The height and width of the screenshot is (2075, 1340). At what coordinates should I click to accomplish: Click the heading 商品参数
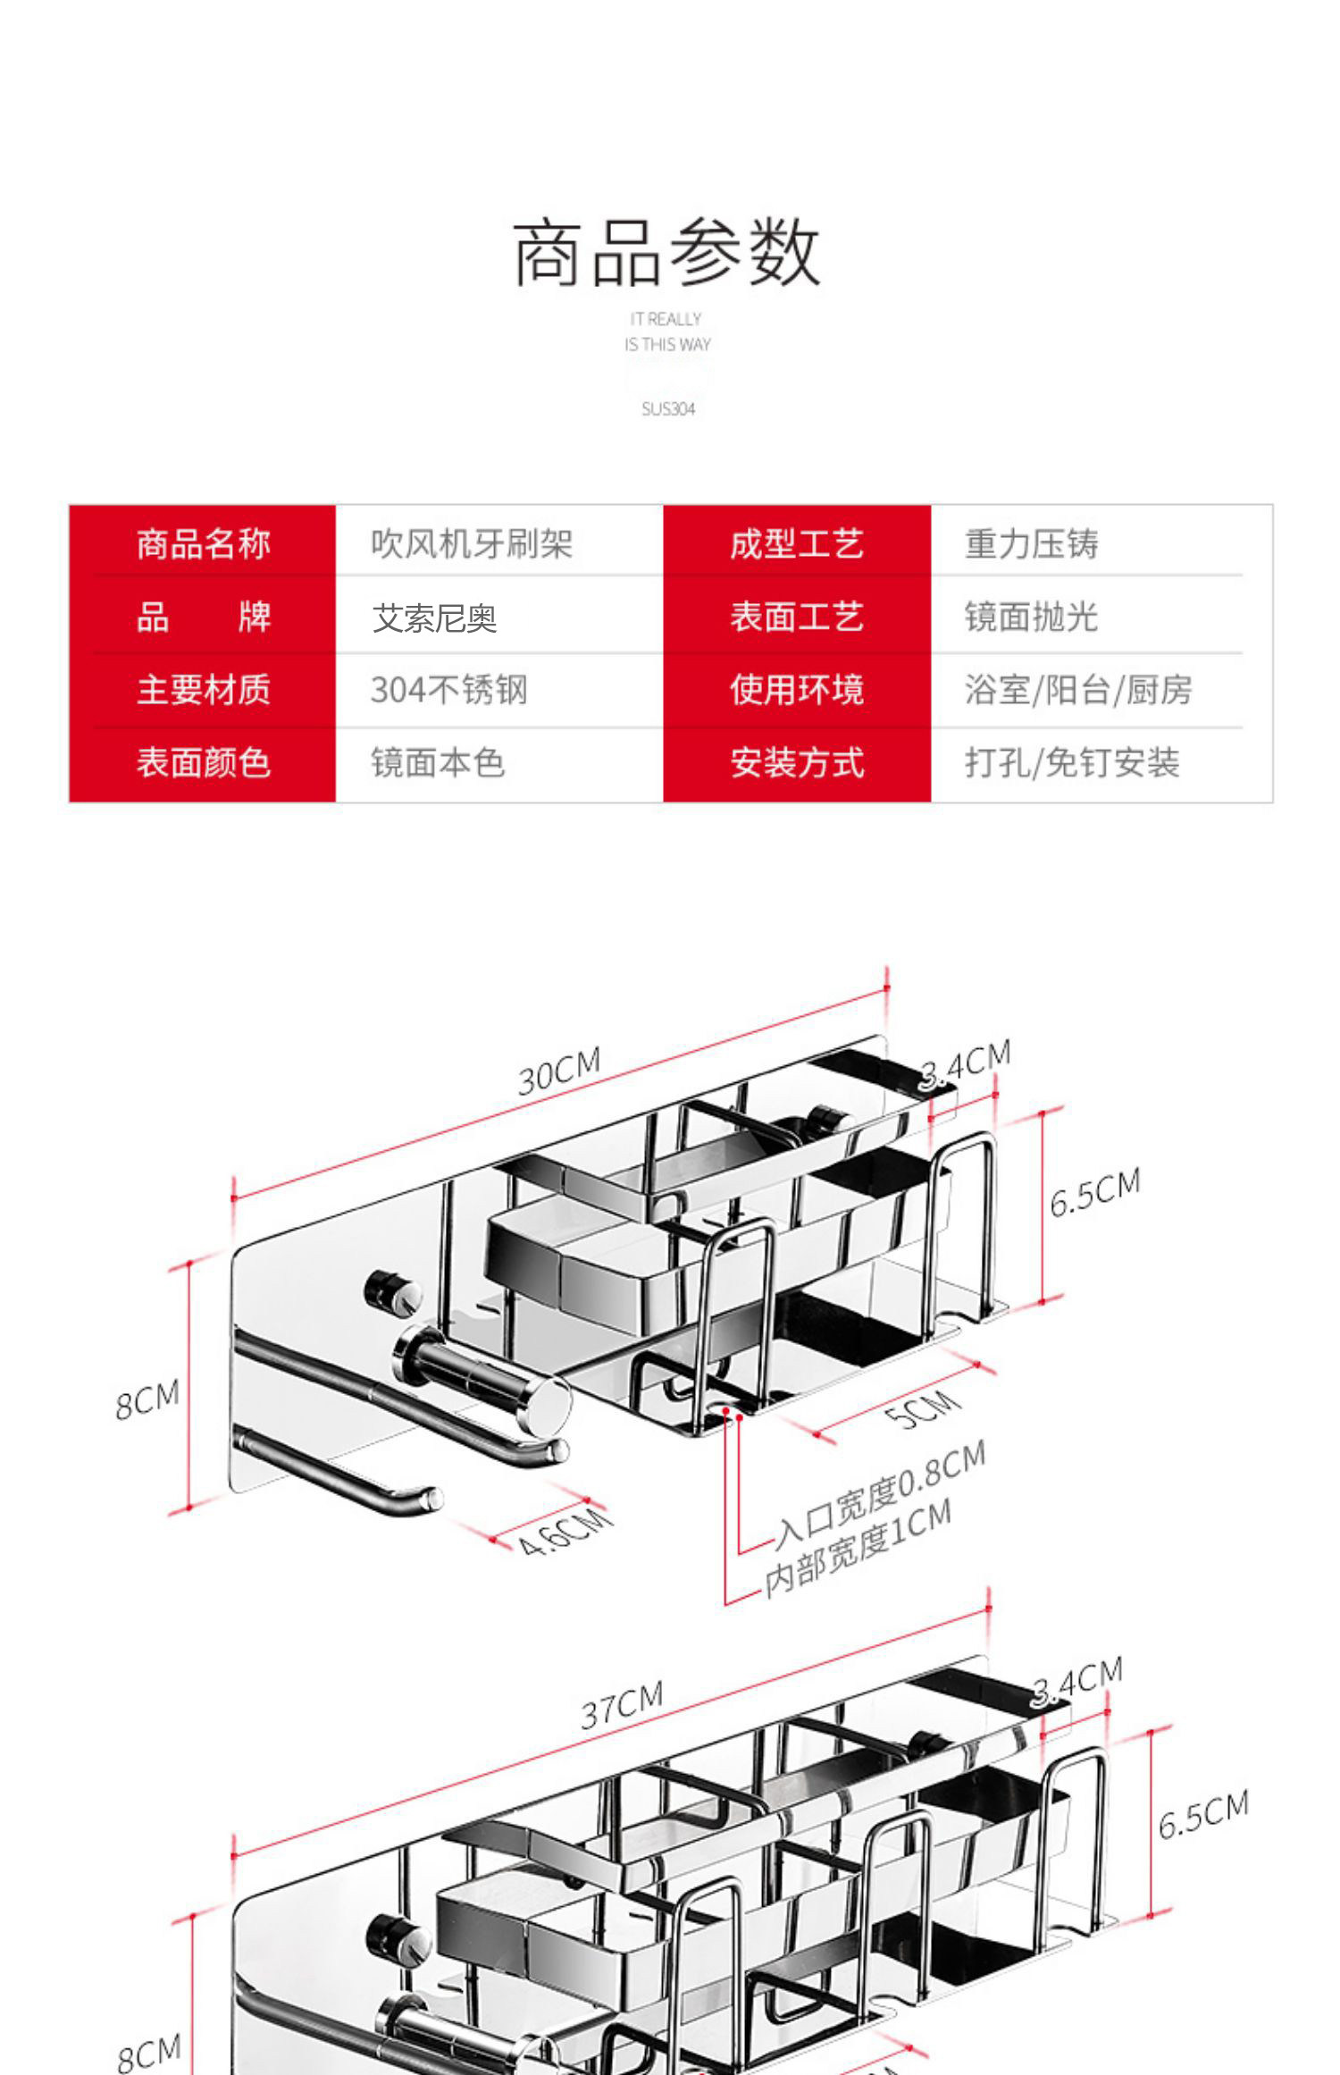coord(666,253)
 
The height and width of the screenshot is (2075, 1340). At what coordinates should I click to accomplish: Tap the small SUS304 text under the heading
coord(668,409)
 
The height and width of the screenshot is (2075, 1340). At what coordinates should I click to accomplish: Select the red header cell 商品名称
coord(203,543)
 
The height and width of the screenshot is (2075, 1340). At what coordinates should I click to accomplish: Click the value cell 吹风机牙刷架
coord(471,543)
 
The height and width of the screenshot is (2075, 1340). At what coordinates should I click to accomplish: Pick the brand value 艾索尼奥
coord(434,618)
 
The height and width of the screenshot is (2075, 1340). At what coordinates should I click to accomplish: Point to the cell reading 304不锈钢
coord(448,690)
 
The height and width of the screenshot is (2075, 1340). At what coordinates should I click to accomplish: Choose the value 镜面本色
coord(438,763)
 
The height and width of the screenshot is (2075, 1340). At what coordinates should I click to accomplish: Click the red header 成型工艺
coord(797,543)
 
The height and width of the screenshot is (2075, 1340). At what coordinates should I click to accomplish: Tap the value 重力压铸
coord(1031,543)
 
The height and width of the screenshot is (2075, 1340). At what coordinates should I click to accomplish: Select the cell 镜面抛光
coord(1031,617)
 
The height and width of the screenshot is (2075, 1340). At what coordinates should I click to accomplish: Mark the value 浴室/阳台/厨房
coord(1077,690)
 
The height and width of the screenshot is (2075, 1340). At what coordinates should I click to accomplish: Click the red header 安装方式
coord(797,763)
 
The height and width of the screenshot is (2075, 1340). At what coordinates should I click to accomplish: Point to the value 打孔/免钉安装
coord(1072,763)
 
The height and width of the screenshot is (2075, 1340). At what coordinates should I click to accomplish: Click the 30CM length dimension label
coord(559,1071)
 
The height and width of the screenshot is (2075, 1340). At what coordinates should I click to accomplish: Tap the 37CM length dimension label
coord(622,1705)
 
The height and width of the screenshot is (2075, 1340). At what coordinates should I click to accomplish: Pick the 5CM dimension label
coord(924,1409)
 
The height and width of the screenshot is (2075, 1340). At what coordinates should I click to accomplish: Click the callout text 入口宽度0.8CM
coord(880,1494)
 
